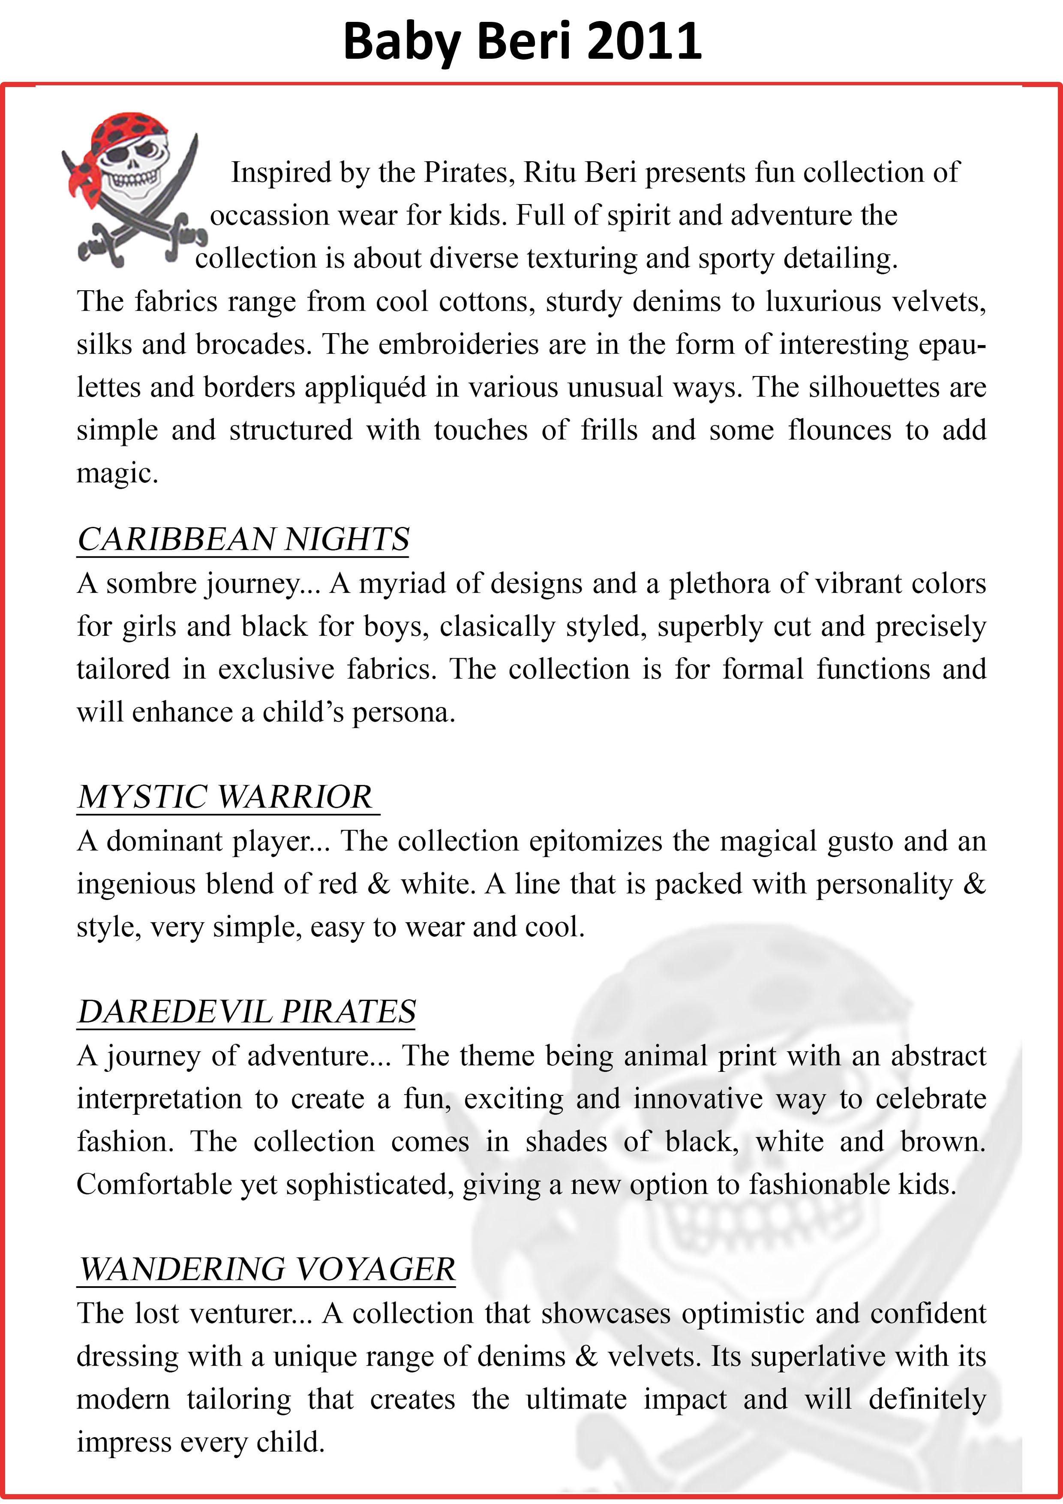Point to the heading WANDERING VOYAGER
click(x=267, y=1269)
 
